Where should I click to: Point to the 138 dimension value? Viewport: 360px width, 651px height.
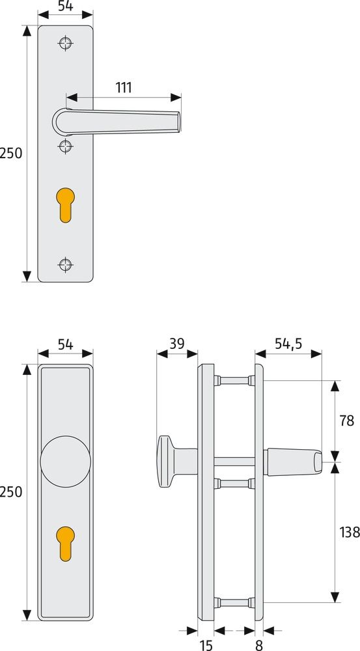click(349, 532)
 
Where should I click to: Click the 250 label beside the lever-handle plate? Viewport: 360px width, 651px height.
click(11, 154)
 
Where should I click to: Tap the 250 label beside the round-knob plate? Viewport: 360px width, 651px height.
click(11, 492)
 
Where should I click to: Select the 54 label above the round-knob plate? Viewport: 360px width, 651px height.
click(65, 345)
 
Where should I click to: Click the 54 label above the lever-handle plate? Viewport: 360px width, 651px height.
click(65, 7)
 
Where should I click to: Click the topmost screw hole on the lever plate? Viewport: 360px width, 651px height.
click(64, 43)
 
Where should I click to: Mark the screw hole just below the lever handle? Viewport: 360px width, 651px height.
click(64, 146)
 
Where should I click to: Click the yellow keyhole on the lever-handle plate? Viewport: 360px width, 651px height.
click(64, 204)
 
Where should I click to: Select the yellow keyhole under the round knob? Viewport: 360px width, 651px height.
click(65, 542)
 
